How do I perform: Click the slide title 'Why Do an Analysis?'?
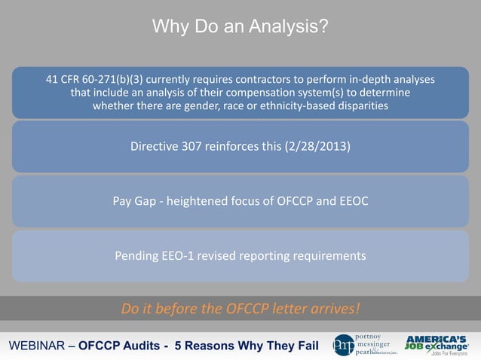point(240,28)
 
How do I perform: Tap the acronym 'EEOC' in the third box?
point(351,201)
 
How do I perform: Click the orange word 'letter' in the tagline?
point(290,309)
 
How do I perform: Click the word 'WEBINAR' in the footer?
point(35,346)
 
